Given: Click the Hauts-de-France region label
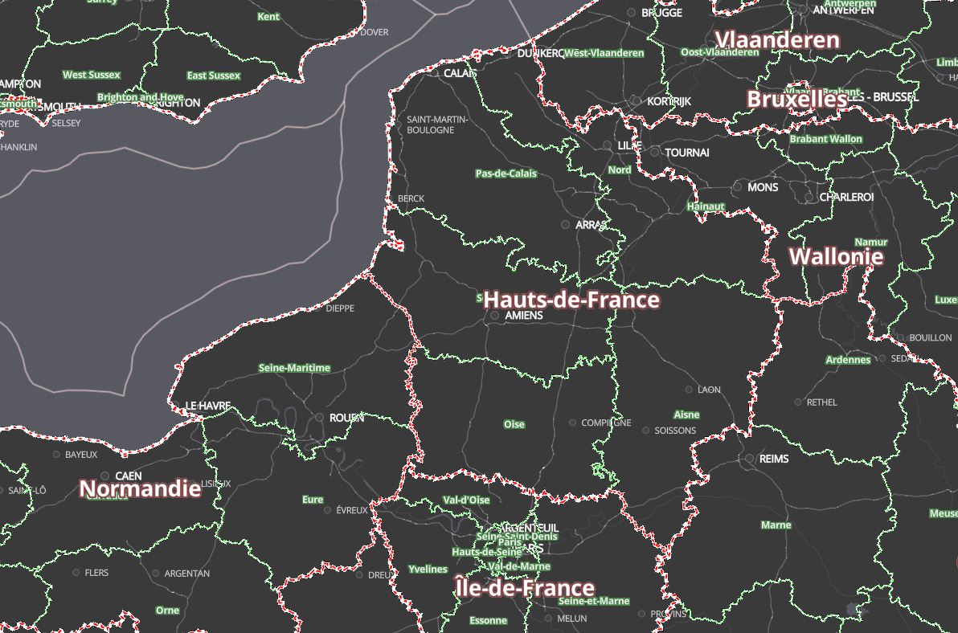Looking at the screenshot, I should (571, 300).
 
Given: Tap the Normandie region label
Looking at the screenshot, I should (140, 488).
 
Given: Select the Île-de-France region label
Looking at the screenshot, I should (525, 588).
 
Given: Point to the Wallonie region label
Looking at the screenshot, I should (836, 257).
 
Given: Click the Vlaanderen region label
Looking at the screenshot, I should (776, 40).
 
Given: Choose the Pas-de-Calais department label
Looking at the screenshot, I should (506, 174).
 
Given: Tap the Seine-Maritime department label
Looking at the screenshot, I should (294, 368).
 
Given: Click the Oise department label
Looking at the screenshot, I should (514, 424).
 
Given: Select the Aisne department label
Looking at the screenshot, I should (686, 415).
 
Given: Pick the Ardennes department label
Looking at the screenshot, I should (848, 360).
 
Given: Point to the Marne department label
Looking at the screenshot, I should (776, 525).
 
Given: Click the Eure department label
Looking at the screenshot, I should (313, 500).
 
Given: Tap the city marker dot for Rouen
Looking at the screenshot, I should (320, 418).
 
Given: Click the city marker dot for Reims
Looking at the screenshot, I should (749, 459).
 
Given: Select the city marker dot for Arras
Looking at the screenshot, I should (566, 225).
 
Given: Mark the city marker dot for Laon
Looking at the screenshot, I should (689, 390).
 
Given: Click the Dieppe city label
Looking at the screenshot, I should (340, 308).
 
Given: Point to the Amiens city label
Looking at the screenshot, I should (524, 316).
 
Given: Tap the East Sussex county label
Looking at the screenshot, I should (213, 76).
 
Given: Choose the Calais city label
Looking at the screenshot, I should (461, 73).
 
